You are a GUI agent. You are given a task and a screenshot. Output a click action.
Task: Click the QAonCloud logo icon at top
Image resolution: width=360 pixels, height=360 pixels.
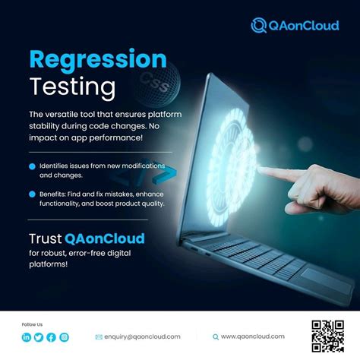click(259, 25)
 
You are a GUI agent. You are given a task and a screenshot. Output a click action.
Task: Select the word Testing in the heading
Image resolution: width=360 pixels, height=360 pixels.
click(73, 84)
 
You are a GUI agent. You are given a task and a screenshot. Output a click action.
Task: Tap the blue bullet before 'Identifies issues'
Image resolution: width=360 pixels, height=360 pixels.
click(31, 166)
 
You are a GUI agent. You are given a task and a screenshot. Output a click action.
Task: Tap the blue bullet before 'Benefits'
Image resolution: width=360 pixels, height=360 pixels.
click(31, 194)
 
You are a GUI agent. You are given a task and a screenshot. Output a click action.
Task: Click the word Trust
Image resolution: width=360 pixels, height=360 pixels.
click(50, 238)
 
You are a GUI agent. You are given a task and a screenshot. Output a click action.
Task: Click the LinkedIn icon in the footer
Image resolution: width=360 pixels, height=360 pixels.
click(27, 337)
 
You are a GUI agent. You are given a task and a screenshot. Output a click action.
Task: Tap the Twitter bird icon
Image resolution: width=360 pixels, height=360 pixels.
click(39, 337)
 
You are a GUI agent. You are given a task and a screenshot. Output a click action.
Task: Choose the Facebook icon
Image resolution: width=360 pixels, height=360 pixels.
click(51, 337)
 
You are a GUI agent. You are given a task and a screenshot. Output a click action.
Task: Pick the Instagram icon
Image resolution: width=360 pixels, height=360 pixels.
click(64, 337)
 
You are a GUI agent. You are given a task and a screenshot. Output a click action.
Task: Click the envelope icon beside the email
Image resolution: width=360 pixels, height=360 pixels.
click(99, 336)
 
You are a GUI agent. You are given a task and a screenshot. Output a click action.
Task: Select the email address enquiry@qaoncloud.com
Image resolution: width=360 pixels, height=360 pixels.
click(143, 336)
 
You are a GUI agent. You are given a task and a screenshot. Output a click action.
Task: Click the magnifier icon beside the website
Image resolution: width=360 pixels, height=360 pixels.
click(215, 336)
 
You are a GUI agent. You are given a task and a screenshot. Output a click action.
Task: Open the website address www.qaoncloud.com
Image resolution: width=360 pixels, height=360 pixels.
click(253, 336)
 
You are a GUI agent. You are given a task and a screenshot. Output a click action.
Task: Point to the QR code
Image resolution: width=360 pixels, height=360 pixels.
click(327, 335)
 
